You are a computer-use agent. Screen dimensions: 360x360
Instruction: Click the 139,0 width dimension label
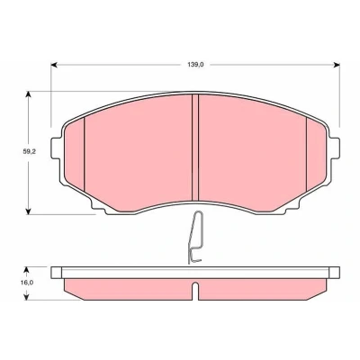pyautogui.click(x=195, y=65)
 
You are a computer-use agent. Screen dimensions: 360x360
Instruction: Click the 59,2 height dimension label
pyautogui.click(x=30, y=152)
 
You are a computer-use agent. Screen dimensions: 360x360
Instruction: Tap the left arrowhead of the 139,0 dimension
pyautogui.click(x=54, y=65)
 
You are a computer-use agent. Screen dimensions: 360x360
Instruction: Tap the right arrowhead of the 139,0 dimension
pyautogui.click(x=337, y=65)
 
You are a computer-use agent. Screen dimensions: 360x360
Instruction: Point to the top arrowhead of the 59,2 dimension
pyautogui.click(x=28, y=94)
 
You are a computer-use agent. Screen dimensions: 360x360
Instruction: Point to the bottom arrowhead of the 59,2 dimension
pyautogui.click(x=28, y=211)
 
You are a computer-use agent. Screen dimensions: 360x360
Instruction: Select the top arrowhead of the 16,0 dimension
pyautogui.click(x=27, y=270)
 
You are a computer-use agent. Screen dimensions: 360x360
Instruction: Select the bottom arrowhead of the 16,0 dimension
pyautogui.click(x=27, y=296)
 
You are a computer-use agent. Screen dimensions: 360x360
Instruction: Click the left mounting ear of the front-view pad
pyautogui.click(x=57, y=148)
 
